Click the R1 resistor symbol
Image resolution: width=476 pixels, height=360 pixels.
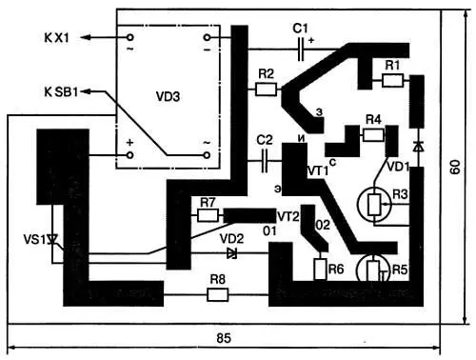tap(393, 80)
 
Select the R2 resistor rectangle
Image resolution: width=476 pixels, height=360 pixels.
tap(266, 90)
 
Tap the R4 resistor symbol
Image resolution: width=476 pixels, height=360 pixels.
tap(373, 135)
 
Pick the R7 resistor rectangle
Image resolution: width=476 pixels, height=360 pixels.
tap(208, 215)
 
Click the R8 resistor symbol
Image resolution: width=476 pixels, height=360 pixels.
tap(217, 294)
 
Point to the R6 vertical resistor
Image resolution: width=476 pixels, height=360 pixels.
tap(320, 270)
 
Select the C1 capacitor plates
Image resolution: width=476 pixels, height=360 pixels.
tap(301, 50)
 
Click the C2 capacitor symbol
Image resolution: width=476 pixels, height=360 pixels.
tap(265, 161)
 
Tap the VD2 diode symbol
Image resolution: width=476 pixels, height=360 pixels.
tap(232, 253)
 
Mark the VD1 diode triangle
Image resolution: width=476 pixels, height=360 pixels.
tap(419, 147)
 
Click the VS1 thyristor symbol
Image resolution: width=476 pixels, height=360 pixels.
tap(52, 239)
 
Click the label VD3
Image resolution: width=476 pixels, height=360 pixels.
tap(168, 96)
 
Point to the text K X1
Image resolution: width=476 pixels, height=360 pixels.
tap(56, 38)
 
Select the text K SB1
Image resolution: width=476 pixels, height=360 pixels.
tap(61, 92)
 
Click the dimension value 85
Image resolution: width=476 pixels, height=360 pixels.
tap(224, 338)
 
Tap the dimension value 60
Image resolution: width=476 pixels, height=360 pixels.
tap(455, 167)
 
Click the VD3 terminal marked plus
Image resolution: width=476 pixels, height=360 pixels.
tap(129, 155)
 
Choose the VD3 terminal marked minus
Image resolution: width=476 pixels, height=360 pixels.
tap(207, 38)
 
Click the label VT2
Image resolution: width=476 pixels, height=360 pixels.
tap(288, 216)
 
